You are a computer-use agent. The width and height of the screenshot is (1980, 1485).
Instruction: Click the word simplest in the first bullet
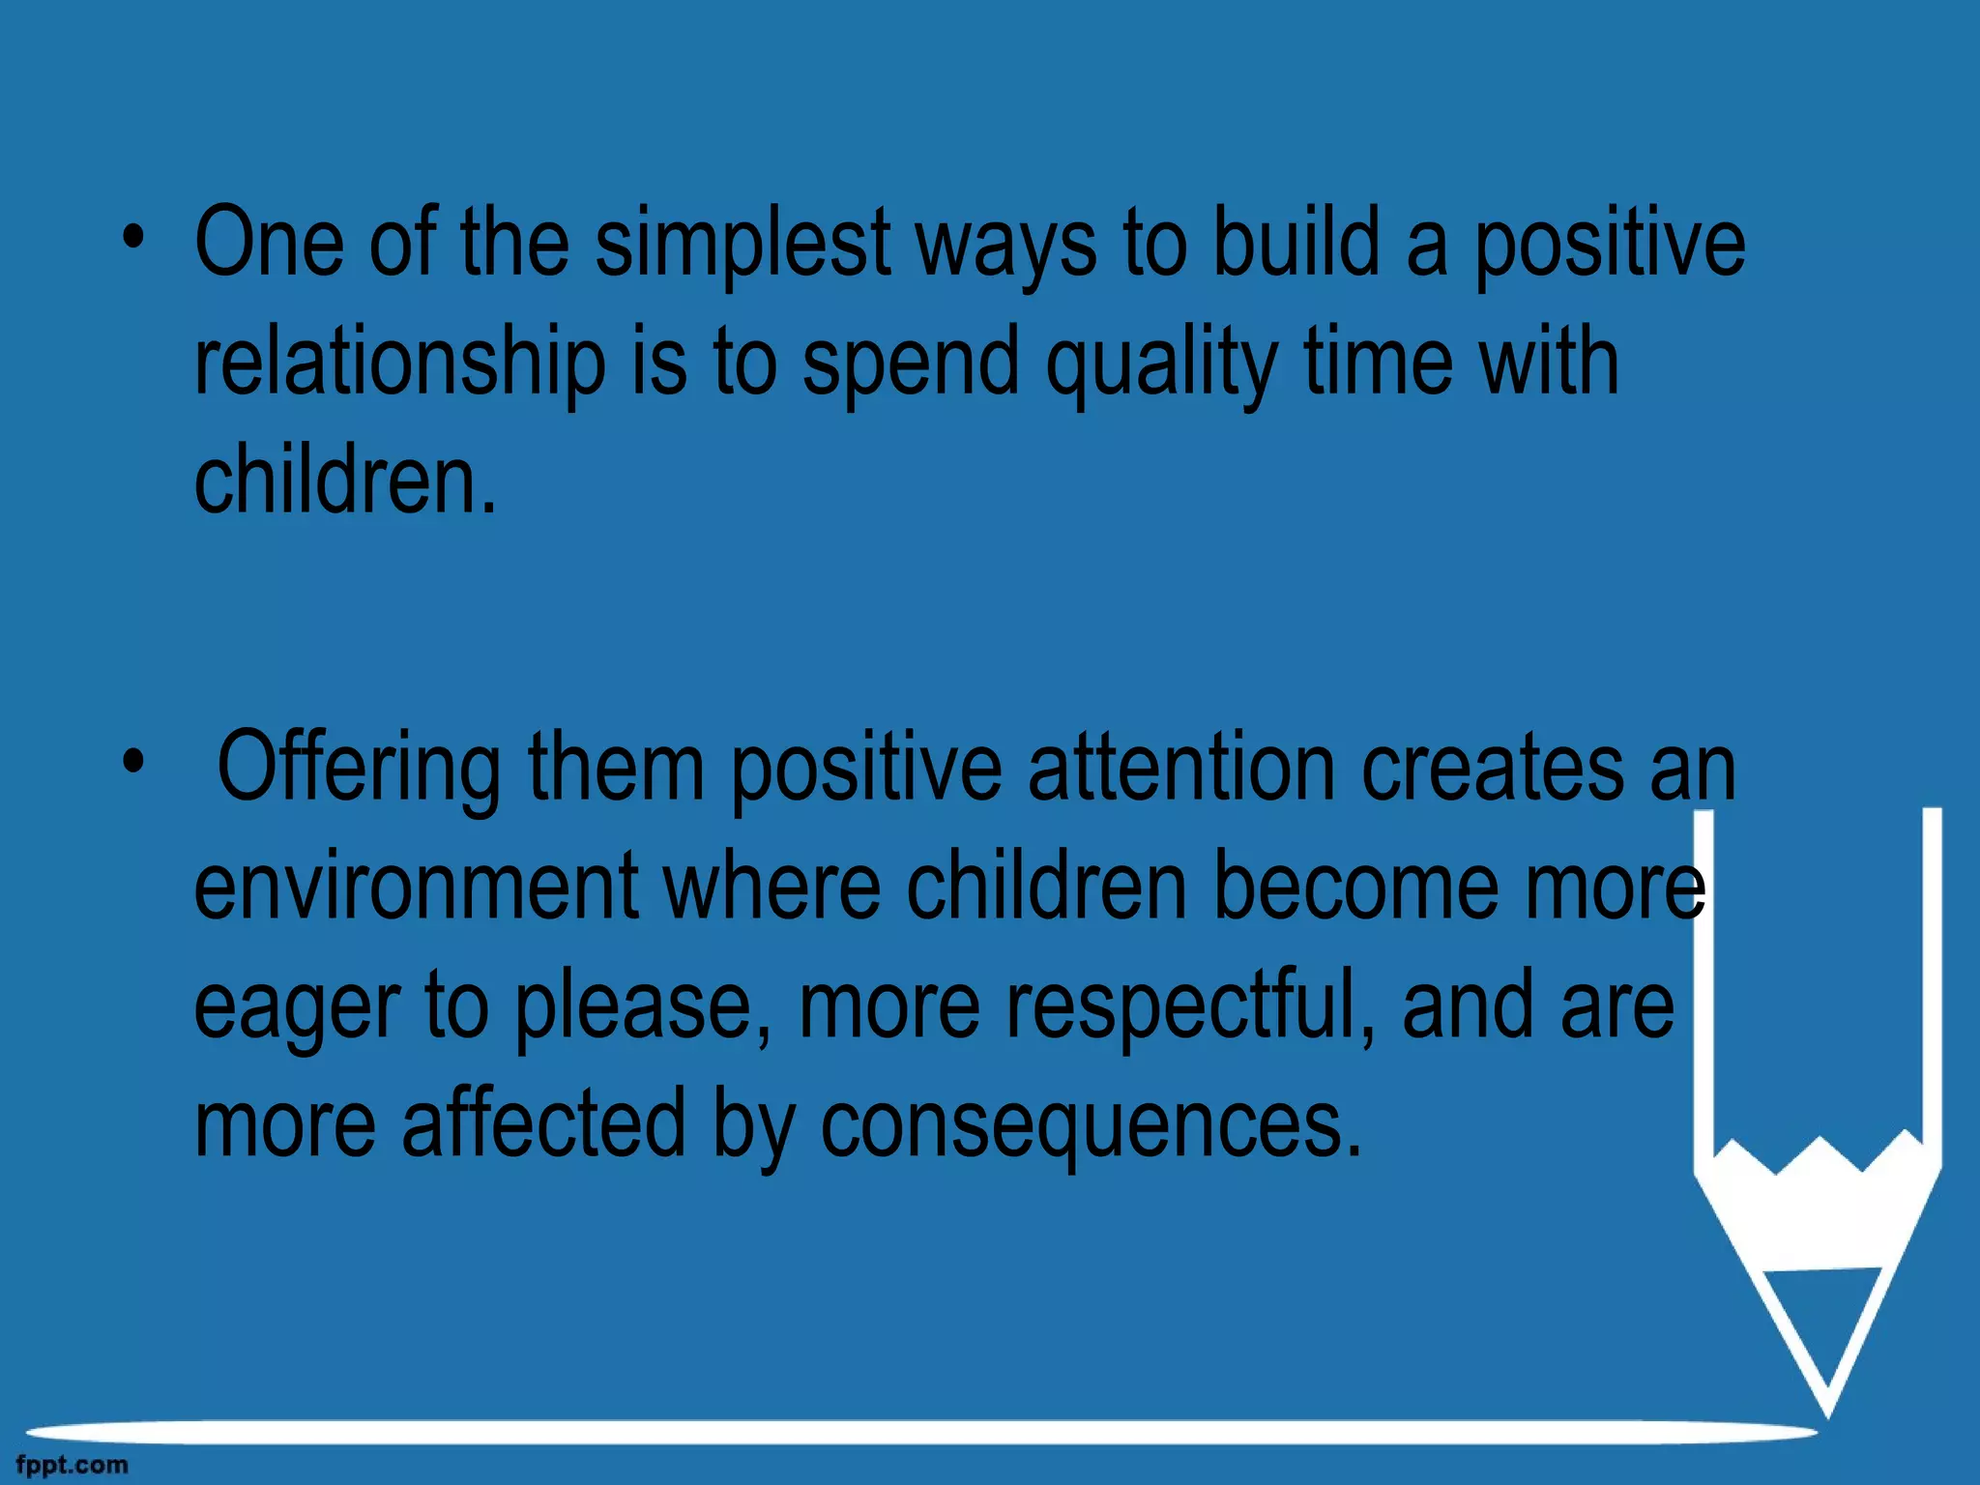pos(742,247)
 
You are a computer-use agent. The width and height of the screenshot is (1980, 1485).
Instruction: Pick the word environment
pos(416,887)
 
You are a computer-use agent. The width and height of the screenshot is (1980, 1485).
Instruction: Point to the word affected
pos(542,1123)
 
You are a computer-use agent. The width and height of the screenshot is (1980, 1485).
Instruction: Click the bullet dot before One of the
pos(133,237)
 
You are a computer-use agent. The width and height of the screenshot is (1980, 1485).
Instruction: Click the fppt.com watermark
pos(72,1465)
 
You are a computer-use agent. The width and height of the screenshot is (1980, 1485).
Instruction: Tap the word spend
pos(911,365)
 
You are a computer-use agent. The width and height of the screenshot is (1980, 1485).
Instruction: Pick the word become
pos(1356,887)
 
